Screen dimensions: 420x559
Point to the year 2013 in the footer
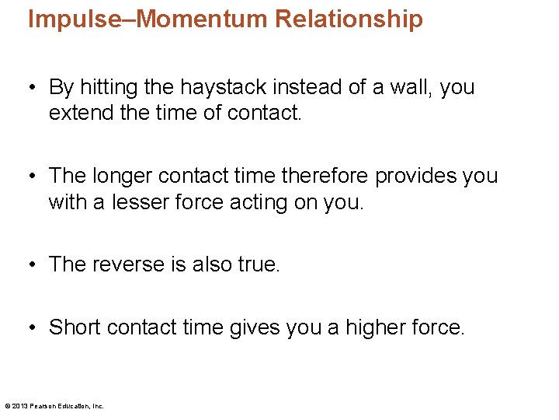click(x=20, y=406)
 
